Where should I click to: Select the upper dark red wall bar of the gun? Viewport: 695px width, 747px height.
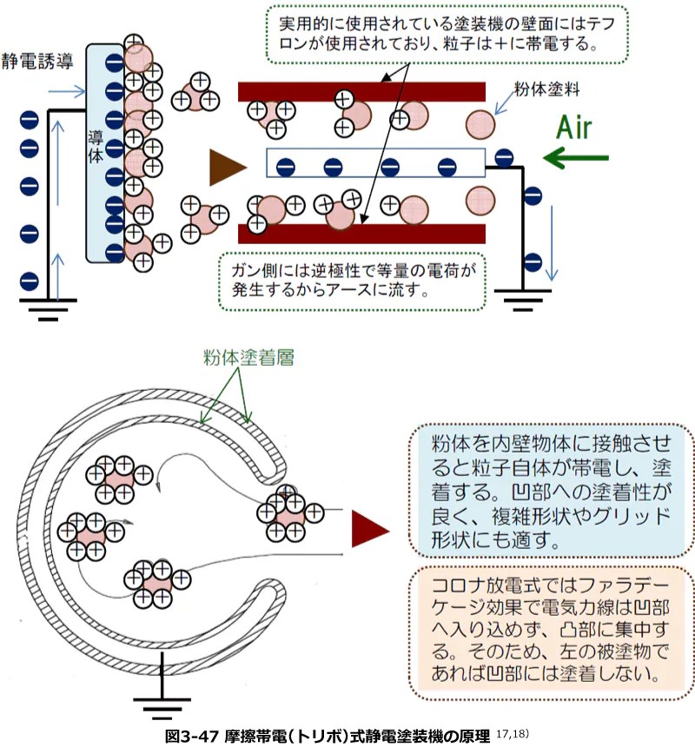(361, 91)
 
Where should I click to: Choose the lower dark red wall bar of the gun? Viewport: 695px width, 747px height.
(361, 233)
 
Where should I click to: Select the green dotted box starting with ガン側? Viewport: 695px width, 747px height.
(348, 281)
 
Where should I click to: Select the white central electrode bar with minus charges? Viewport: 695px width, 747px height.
(374, 164)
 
